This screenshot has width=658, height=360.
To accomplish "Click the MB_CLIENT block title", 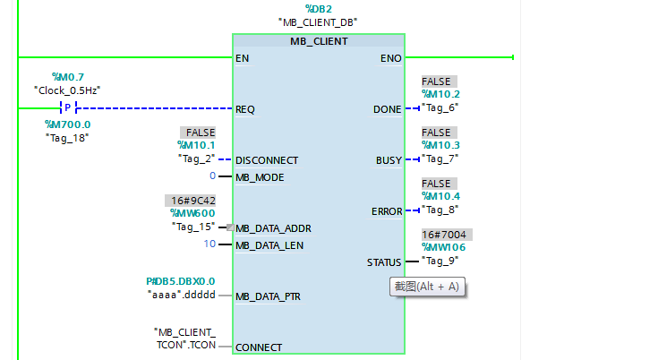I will click(x=319, y=41).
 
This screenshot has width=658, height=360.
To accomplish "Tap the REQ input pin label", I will click(x=245, y=109).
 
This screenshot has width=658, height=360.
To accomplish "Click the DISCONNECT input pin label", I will click(x=267, y=160).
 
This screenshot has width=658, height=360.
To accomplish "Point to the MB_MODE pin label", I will click(x=260, y=177).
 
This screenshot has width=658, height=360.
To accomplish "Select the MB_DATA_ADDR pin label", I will click(x=273, y=228).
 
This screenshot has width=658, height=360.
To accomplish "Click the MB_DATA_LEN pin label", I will click(x=269, y=244).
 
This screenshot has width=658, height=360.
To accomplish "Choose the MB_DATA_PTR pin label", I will click(x=268, y=296).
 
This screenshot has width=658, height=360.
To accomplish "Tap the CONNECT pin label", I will click(x=259, y=347).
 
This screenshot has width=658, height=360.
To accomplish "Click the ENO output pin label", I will click(x=391, y=58).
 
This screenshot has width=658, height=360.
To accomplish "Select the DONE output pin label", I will click(x=388, y=109).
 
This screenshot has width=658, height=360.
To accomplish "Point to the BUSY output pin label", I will click(x=389, y=160).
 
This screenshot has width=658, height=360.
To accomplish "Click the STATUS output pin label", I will click(x=384, y=262).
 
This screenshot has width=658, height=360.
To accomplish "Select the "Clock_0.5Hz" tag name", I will click(x=67, y=90).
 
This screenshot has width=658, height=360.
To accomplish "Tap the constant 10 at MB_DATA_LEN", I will click(x=209, y=244).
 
